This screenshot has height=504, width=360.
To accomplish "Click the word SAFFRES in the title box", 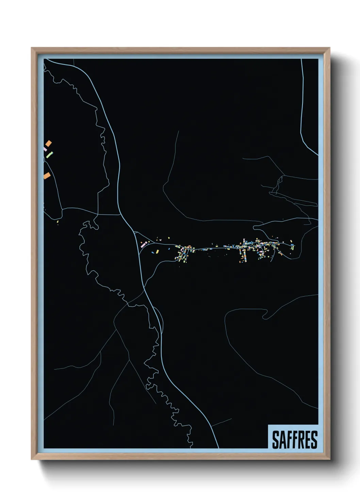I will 295,439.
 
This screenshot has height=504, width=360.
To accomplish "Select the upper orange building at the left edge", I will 49,143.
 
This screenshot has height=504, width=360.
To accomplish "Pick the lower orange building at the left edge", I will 47,176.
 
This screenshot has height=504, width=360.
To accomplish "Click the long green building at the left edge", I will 50,155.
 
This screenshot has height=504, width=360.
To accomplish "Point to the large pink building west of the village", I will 143,244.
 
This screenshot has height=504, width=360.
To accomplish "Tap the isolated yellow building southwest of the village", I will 157,252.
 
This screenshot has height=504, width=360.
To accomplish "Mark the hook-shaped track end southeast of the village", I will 264,316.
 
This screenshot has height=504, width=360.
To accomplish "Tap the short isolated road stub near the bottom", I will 221,423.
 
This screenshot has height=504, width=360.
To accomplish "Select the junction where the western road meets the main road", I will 120,215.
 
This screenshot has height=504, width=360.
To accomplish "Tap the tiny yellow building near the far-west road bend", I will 58,222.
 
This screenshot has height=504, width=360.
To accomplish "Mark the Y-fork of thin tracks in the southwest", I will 129,360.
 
